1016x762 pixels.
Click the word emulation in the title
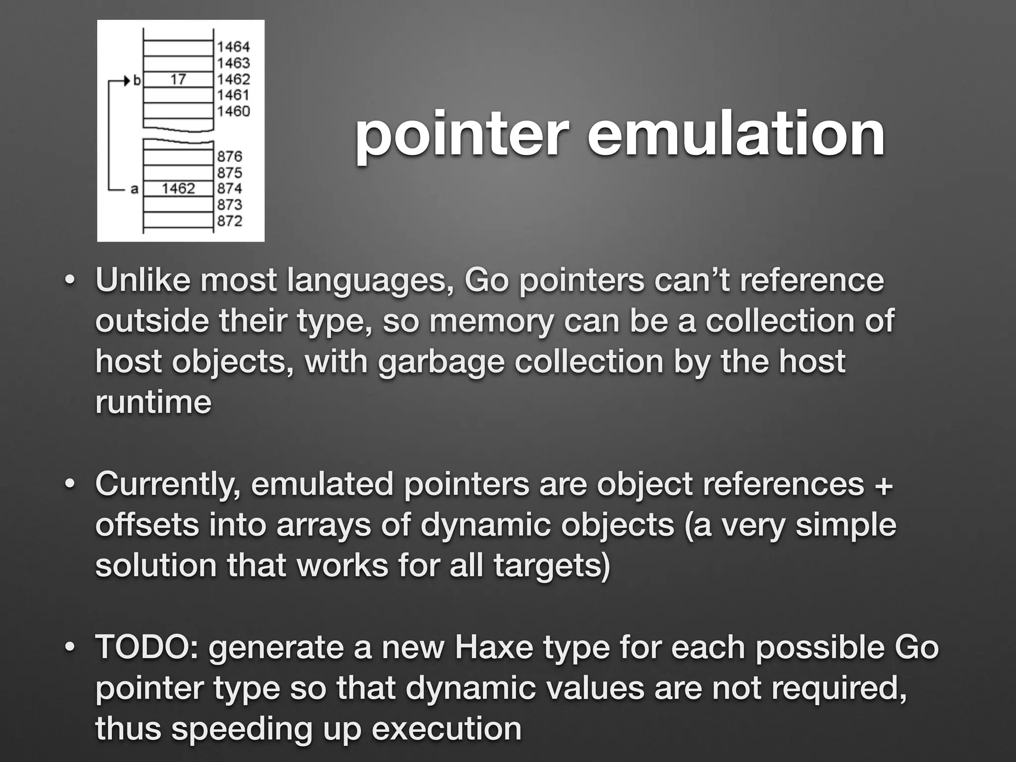[x=736, y=134]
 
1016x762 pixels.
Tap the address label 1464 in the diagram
[x=233, y=47]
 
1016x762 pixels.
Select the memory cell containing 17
[x=178, y=79]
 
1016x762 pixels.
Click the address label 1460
[x=233, y=111]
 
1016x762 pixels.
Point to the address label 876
[x=229, y=156]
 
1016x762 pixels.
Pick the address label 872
[x=229, y=221]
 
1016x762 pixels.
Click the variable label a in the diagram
[x=134, y=189]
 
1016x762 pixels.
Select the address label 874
[x=229, y=189]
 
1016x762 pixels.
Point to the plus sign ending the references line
[x=884, y=484]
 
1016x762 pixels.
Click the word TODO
[x=147, y=647]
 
